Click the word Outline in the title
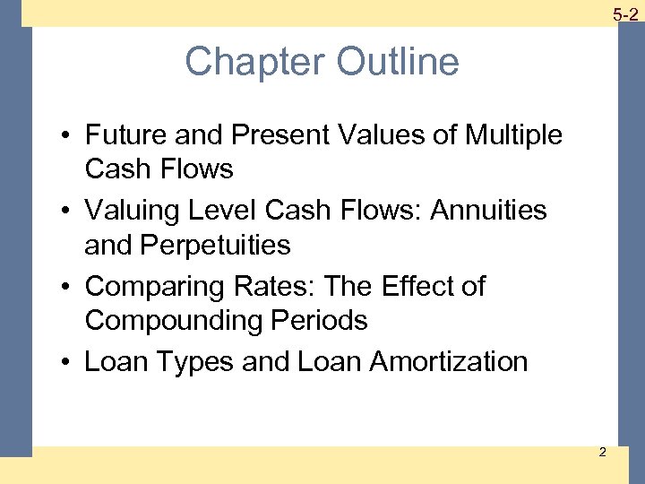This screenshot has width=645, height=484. (398, 63)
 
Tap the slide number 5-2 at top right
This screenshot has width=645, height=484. (625, 13)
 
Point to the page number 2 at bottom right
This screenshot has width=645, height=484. (602, 451)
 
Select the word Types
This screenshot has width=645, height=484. (179, 362)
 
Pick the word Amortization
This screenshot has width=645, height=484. (449, 362)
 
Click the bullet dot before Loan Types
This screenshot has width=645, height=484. (68, 363)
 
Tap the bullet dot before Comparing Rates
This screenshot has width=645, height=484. (68, 288)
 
